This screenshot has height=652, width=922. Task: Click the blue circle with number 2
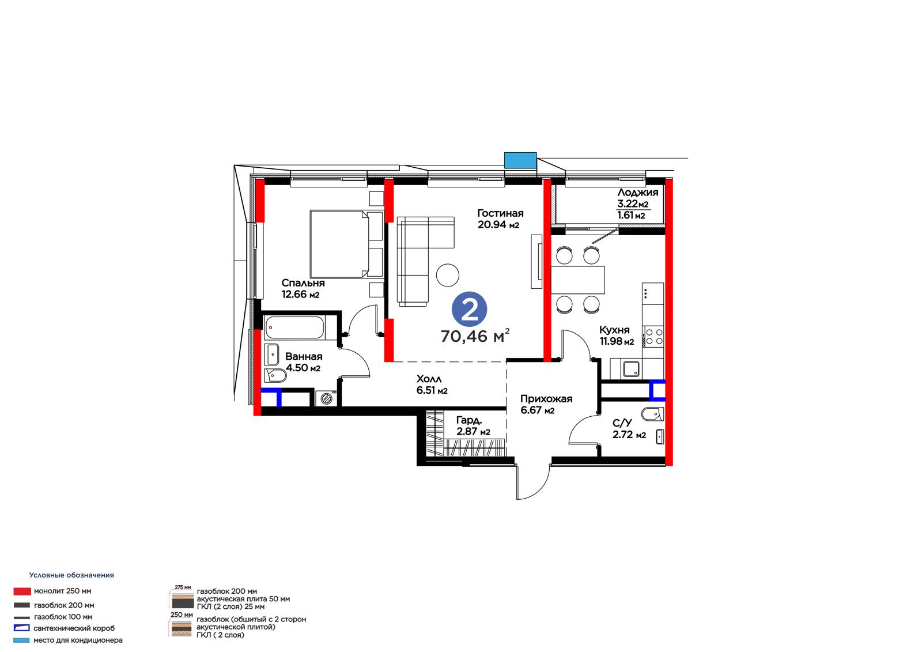469,310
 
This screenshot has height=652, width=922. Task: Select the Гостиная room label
500,213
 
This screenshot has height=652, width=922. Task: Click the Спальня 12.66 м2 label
303,289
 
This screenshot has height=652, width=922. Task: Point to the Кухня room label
614,330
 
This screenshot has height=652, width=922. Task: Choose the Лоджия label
637,193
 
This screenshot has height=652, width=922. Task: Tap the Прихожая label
546,399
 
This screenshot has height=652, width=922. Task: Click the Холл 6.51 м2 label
432,385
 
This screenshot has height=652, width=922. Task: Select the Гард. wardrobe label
469,420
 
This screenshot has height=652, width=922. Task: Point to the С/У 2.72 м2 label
629,429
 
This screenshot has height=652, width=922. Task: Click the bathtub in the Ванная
294,327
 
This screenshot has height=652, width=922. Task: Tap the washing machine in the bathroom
326,398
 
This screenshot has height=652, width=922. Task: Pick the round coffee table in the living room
447,275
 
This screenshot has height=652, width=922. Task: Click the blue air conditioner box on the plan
520,160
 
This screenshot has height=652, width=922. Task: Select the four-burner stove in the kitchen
653,337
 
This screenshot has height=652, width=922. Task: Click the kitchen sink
632,369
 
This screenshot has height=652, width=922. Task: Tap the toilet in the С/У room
653,414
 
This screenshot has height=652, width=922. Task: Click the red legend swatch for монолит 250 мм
22,591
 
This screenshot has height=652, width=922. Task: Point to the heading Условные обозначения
71,575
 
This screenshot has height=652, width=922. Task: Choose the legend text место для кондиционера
78,640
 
